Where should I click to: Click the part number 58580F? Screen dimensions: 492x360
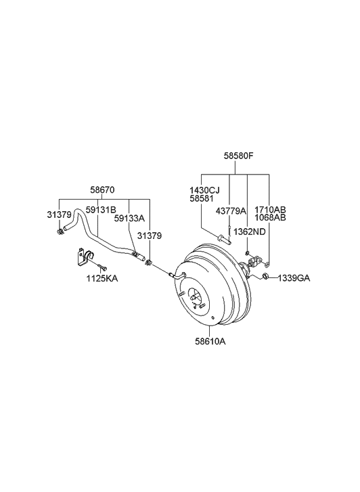click(238, 156)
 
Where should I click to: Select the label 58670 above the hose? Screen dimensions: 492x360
click(104, 190)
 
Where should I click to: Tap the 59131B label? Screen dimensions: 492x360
click(100, 210)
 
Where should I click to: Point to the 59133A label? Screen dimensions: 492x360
click(129, 219)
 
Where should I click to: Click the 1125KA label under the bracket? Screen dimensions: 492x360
click(102, 278)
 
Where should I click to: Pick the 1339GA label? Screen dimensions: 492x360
click(294, 278)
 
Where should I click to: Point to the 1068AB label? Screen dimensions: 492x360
click(270, 218)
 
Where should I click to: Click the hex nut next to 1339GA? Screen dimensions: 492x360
click(266, 277)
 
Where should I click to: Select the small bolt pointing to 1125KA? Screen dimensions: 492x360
click(100, 265)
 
